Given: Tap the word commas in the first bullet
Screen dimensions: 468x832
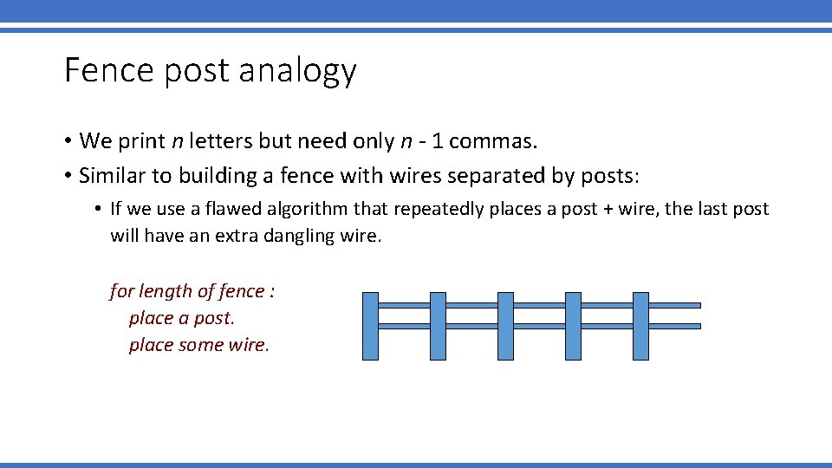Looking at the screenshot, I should pyautogui.click(x=498, y=140).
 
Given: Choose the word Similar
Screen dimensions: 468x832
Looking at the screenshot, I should pyautogui.click(x=109, y=176).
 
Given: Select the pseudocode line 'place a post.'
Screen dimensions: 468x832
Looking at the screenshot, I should pyautogui.click(x=181, y=318).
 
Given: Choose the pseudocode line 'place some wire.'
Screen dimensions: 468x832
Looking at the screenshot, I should pyautogui.click(x=198, y=345).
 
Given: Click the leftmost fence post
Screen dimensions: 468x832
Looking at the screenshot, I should pyautogui.click(x=370, y=326).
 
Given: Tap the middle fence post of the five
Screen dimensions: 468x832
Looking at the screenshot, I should pyautogui.click(x=505, y=326).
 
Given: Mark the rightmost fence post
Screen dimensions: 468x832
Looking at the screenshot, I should pyautogui.click(x=640, y=326).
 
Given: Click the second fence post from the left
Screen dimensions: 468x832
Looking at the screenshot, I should pyautogui.click(x=438, y=326).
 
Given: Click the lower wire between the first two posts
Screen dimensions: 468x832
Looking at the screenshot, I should pyautogui.click(x=404, y=326).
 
